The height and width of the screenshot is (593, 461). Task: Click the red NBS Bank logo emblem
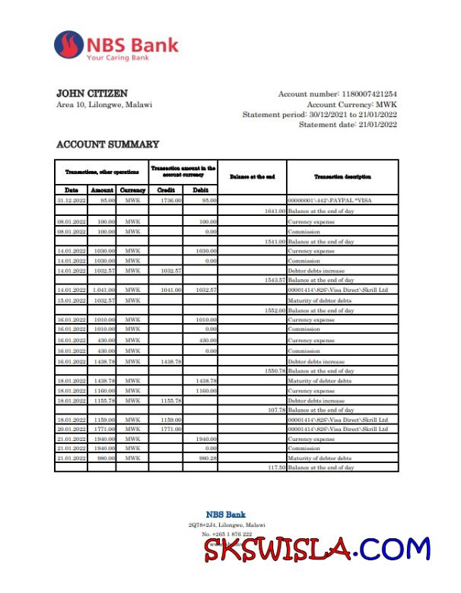tap(69, 46)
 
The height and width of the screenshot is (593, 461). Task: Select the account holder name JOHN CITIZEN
tap(92, 94)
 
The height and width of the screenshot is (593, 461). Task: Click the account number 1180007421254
tap(369, 94)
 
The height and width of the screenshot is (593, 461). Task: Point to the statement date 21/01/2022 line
tap(348, 125)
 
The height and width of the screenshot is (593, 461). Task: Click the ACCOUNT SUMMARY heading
tap(108, 144)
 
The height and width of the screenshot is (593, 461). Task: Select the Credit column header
tap(166, 190)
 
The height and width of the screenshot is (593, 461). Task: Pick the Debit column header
tap(201, 190)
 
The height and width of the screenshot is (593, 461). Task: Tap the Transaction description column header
tap(342, 176)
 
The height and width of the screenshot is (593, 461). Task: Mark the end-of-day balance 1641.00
tap(274, 210)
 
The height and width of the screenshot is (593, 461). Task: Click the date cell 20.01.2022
tap(71, 430)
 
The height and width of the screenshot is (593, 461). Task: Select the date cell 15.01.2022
tap(71, 300)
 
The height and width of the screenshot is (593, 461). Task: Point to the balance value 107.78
tap(274, 410)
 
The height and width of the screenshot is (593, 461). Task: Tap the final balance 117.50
tap(274, 468)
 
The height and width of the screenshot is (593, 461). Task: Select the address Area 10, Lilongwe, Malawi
tap(104, 105)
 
